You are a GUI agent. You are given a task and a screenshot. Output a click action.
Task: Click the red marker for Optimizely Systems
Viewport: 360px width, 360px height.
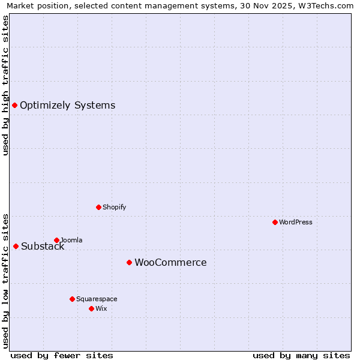(14, 106)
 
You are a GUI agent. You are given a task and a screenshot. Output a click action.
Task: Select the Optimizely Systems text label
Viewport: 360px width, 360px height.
(67, 106)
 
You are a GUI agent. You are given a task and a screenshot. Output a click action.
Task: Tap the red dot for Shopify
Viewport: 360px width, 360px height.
(98, 207)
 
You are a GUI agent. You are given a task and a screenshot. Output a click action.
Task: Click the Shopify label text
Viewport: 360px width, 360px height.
(114, 208)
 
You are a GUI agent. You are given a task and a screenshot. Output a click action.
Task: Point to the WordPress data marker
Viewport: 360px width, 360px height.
(275, 222)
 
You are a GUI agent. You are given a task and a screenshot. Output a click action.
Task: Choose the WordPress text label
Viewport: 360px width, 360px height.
(295, 223)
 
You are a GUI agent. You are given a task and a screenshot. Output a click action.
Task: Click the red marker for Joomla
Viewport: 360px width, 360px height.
(56, 240)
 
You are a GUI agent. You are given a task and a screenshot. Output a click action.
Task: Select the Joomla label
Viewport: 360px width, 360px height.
(71, 241)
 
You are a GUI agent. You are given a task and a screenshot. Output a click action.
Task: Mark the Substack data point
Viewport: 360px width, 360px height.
(16, 246)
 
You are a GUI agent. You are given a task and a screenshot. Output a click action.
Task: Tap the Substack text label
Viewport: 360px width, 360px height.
(43, 247)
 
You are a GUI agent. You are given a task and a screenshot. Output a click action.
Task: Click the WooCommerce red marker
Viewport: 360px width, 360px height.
(129, 262)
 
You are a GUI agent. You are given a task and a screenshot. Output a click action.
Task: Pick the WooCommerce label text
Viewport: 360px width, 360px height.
(170, 263)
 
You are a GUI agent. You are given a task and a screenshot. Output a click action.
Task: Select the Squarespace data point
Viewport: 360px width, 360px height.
(72, 299)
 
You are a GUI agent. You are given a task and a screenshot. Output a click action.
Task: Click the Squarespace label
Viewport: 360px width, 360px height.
(97, 299)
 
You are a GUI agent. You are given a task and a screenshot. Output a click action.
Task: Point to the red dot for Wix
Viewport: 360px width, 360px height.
(91, 308)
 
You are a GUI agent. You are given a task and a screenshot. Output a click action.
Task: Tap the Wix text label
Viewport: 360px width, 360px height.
(101, 309)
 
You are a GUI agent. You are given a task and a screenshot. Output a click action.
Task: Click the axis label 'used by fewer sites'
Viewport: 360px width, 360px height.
(62, 355)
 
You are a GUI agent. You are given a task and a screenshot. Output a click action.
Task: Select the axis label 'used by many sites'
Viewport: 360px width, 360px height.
(301, 355)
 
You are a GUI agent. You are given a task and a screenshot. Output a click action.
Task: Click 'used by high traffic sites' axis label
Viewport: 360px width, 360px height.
(5, 85)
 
